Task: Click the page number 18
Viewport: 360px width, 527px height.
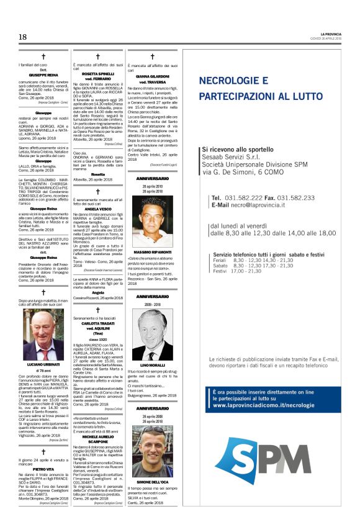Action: pyautogui.click(x=22, y=37)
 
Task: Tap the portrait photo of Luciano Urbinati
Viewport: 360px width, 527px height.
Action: pyautogui.click(x=43, y=335)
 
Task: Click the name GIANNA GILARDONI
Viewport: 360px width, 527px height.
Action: pyautogui.click(x=153, y=77)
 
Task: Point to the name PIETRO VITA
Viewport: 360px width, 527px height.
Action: pyautogui.click(x=43, y=469)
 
